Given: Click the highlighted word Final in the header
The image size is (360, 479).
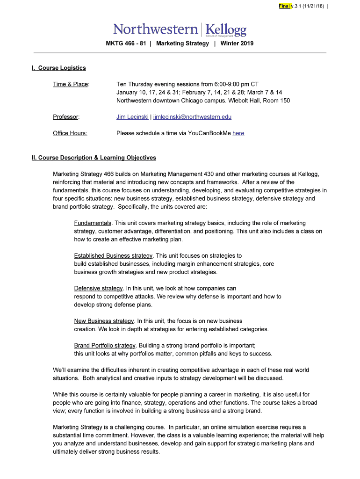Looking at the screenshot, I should point(284,6).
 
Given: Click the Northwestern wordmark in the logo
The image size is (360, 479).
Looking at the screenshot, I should point(155,29).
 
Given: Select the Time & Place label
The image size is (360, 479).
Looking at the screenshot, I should point(71,84).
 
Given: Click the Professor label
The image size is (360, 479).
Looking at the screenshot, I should point(66,117).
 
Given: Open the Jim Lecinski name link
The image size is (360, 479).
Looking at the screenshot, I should point(132,117).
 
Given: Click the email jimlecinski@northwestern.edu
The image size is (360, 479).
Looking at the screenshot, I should point(192,117).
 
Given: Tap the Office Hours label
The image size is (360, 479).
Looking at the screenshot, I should point(70,133).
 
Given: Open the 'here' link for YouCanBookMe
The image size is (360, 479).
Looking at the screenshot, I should point(238,133).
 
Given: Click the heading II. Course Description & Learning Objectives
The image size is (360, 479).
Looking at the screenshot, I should point(94,158).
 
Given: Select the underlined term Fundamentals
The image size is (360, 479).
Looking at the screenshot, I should point(93,223).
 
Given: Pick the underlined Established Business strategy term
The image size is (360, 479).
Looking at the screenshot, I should point(113,256).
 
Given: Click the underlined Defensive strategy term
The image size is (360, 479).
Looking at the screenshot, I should point(98,289).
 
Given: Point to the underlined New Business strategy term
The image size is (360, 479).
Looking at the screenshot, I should point(104,321).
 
